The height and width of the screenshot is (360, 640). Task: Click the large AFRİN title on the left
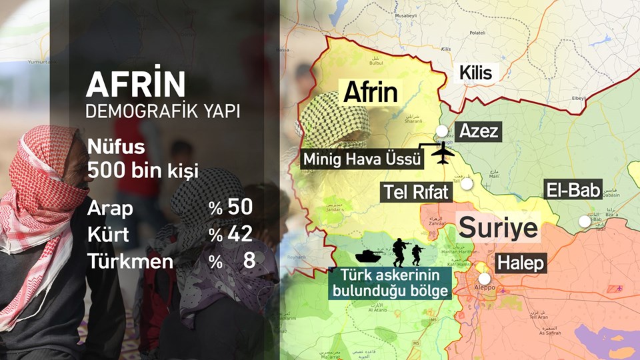[136, 85]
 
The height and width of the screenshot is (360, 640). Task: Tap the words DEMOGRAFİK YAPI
[163, 111]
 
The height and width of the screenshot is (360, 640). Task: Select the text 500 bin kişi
[143, 171]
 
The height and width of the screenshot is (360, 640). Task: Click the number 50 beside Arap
[240, 207]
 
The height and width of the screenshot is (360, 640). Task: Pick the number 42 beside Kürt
[240, 234]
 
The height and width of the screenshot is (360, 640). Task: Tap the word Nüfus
[116, 147]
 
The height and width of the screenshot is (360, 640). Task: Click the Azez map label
[479, 131]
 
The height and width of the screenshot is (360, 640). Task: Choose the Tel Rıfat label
[417, 193]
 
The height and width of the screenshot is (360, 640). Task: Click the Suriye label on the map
[498, 227]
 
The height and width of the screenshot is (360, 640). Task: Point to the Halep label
[521, 263]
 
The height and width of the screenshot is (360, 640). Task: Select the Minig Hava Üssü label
[363, 159]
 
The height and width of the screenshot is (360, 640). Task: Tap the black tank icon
[367, 255]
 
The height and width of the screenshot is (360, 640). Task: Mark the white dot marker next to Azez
[441, 131]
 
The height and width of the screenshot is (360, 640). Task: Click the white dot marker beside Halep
[484, 279]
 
